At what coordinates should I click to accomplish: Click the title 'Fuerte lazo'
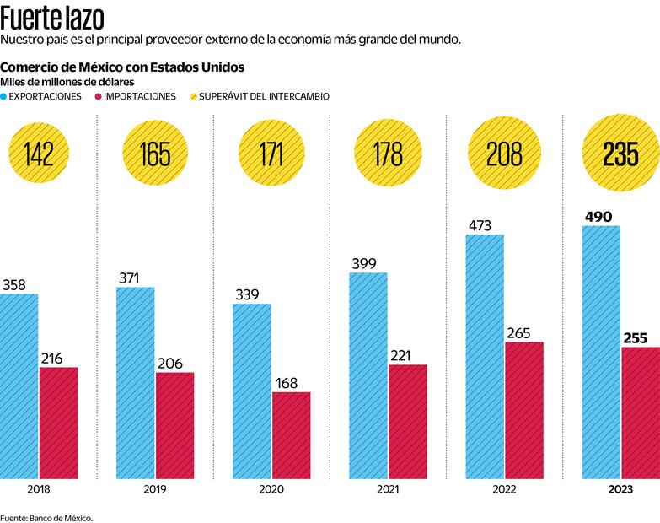click(53, 17)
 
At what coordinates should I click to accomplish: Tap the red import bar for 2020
click(291, 435)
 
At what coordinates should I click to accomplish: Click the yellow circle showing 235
click(620, 154)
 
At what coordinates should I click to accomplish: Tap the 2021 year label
click(389, 489)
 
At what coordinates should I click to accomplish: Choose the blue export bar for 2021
click(369, 375)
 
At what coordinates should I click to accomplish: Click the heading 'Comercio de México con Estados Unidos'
click(124, 67)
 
